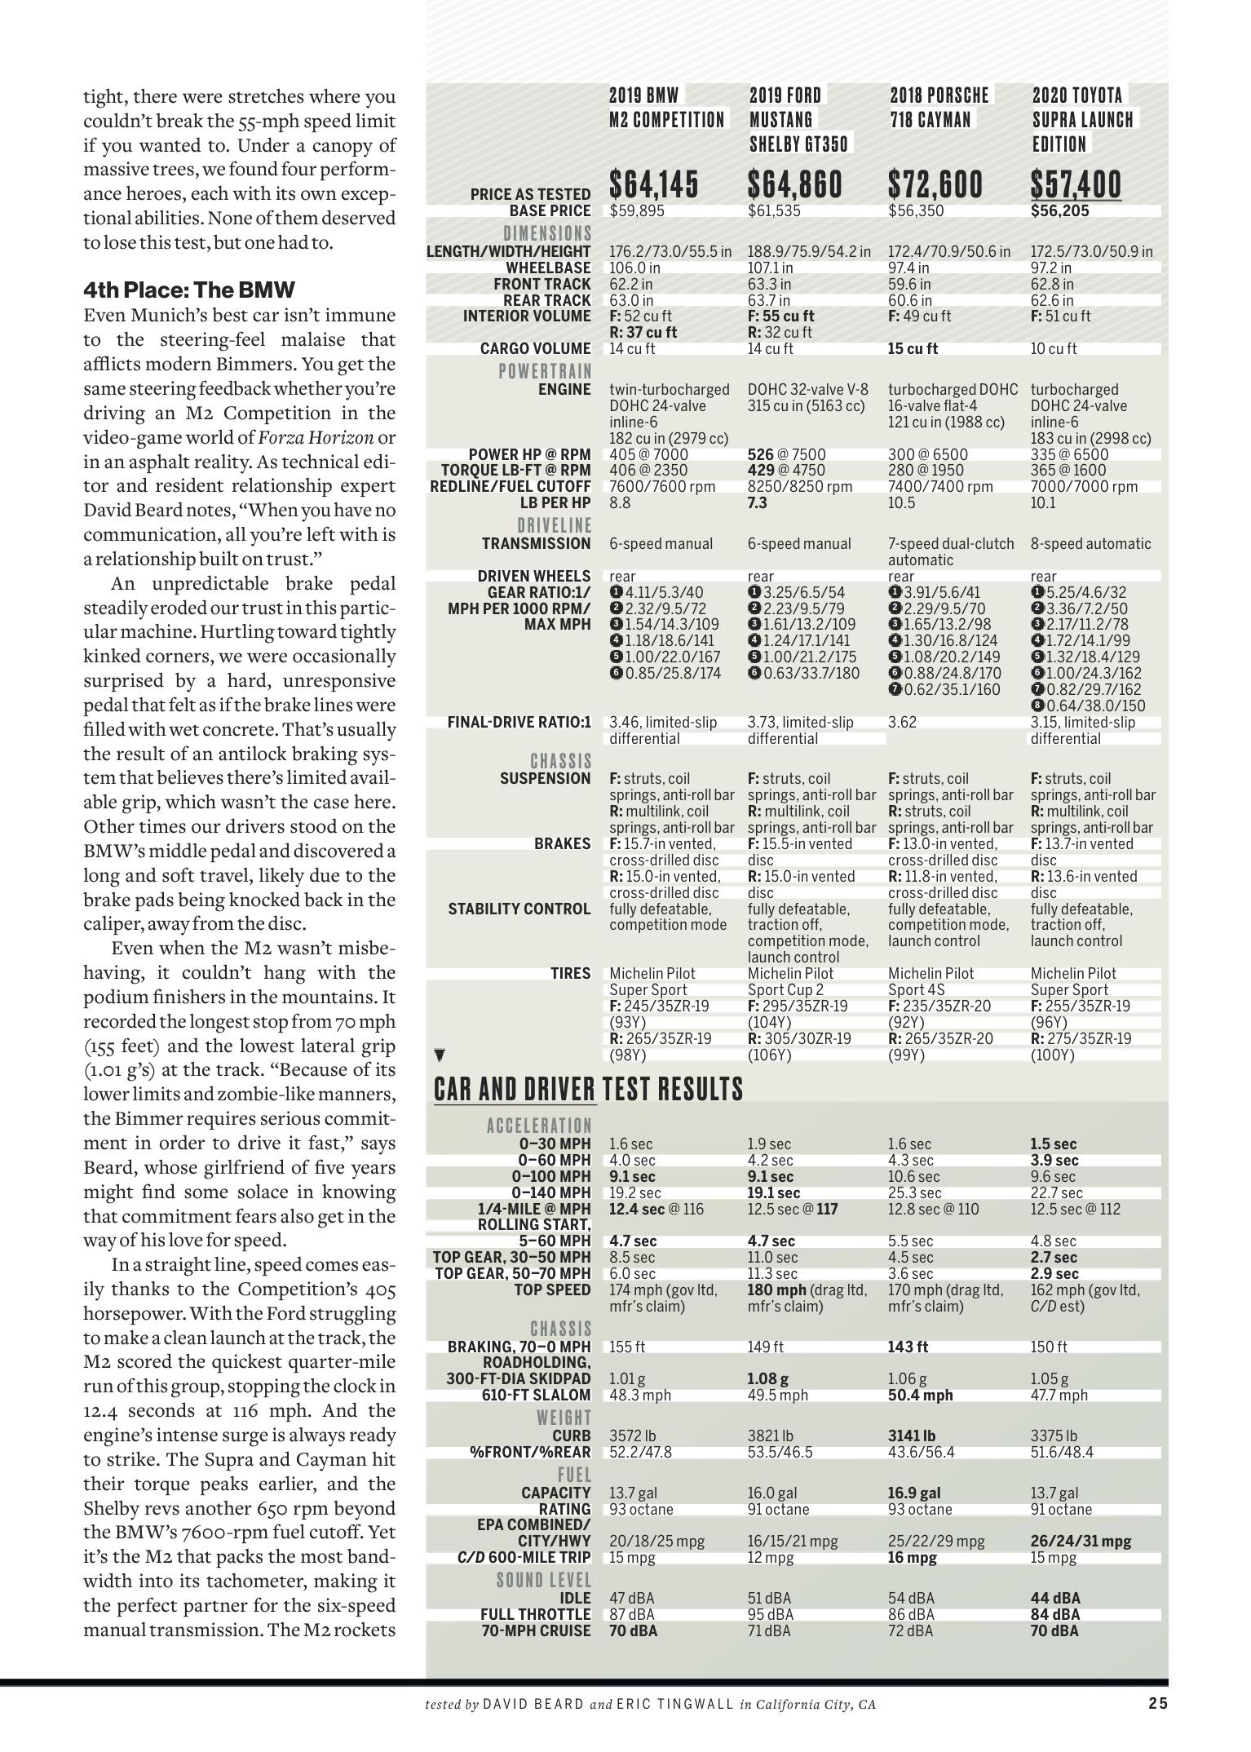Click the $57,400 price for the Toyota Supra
1076,184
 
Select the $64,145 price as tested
654,184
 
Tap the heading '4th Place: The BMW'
188,290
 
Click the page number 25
1158,1703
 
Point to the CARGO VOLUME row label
535,349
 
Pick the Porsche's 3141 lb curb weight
912,1436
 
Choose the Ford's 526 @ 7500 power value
786,454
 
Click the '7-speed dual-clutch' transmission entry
951,544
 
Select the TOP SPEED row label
552,1290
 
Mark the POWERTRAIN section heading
545,372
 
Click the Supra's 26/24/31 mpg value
1081,1542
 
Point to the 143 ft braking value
908,1347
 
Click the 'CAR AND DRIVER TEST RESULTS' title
588,1089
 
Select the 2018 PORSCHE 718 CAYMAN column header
939,108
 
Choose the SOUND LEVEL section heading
543,1581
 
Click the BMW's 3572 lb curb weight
632,1436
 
